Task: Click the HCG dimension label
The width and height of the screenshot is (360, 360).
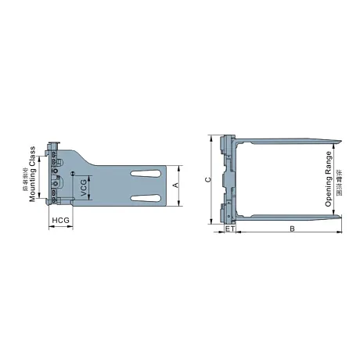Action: (60, 221)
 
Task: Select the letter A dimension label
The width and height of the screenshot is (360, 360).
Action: (175, 185)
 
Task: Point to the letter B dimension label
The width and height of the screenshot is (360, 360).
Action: (291, 229)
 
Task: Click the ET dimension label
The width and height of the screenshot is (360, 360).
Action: (229, 229)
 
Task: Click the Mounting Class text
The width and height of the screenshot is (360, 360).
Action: (33, 174)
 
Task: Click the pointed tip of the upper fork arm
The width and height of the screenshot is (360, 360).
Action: (342, 139)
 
